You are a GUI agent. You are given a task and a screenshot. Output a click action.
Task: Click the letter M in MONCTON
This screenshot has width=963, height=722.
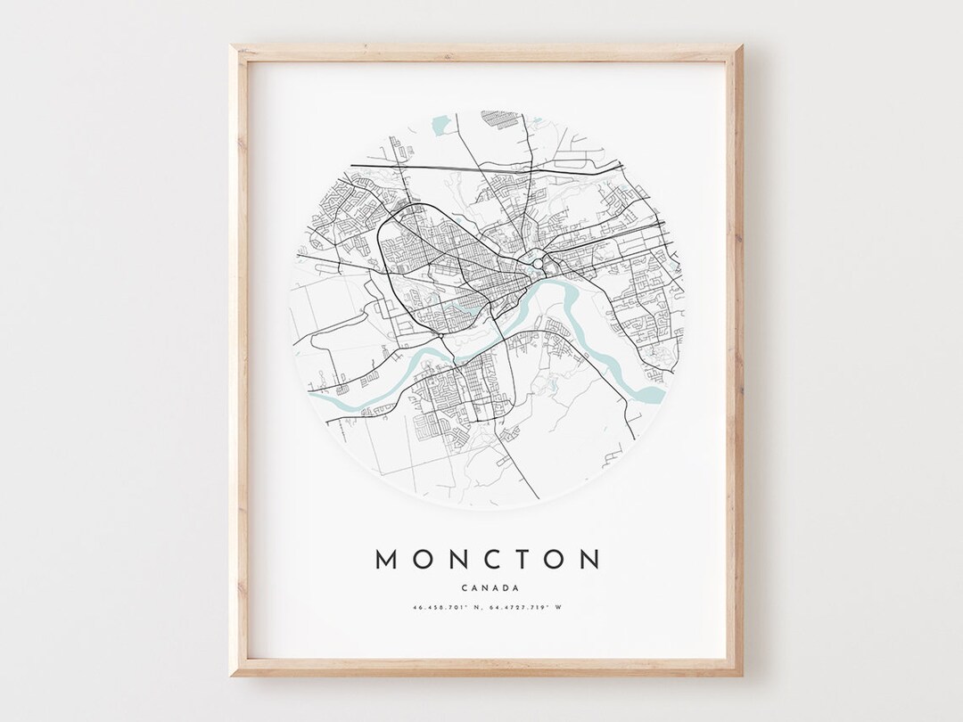tap(387, 560)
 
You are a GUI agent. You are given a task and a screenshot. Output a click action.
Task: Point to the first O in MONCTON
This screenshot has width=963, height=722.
tap(422, 560)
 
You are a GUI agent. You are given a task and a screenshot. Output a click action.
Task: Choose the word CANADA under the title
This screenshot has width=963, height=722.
tap(487, 587)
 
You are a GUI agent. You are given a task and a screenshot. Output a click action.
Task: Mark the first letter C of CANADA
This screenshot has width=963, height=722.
tap(465, 587)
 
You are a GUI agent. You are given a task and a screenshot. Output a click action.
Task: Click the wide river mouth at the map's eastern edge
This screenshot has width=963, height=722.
tap(654, 392)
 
